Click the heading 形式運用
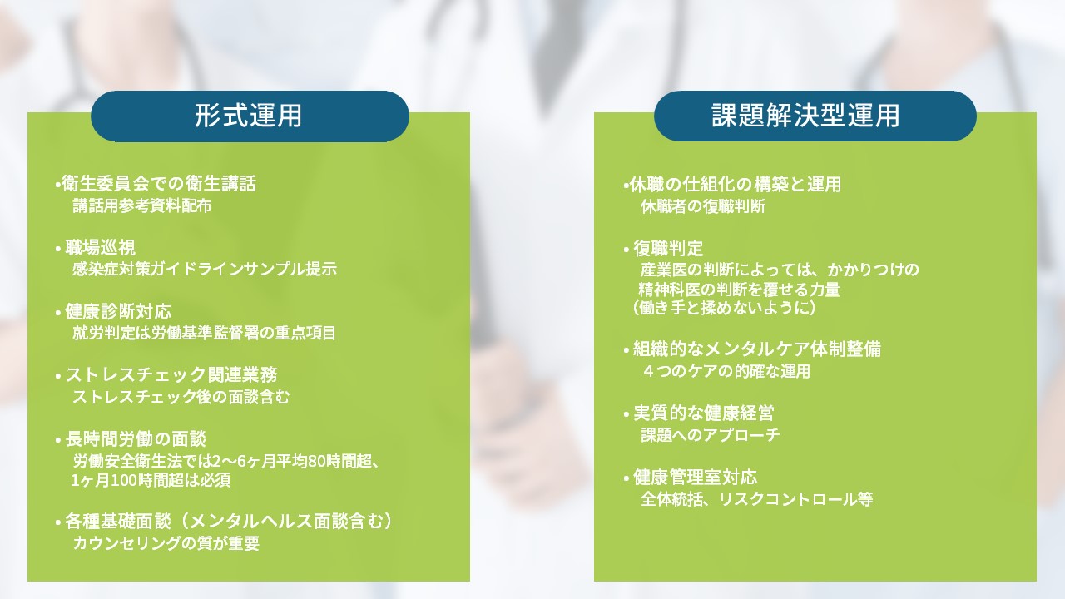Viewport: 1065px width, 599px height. (x=248, y=116)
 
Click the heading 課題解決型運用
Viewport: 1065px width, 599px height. (x=805, y=116)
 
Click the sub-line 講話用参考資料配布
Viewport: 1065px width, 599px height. (x=141, y=205)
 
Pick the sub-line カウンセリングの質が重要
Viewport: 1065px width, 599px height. (x=166, y=543)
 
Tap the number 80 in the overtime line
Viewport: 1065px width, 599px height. (x=316, y=461)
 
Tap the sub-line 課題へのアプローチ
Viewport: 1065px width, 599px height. (x=711, y=435)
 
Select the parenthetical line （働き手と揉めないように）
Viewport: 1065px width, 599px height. (x=724, y=308)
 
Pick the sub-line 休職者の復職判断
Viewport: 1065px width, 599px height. (x=703, y=207)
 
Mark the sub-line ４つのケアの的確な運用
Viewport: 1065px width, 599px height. (x=726, y=371)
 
